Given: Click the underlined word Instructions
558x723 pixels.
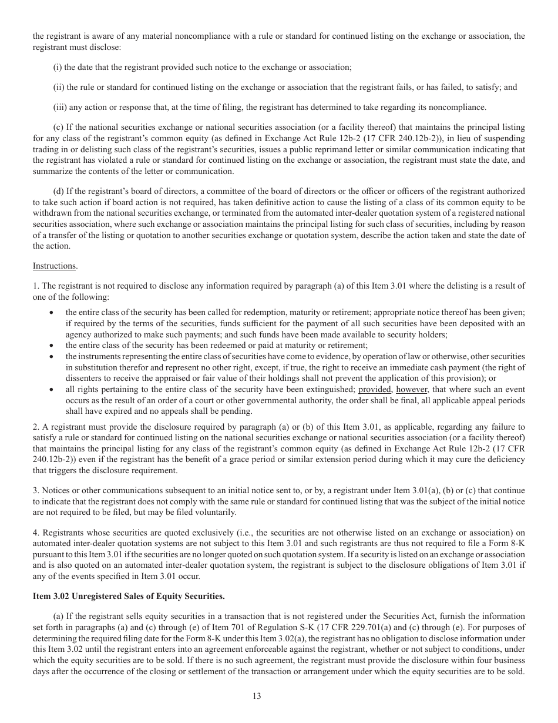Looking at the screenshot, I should pos(55,266).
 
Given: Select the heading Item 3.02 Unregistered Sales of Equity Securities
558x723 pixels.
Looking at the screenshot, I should pos(129,596).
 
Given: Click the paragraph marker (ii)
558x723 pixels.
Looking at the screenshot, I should pos(58,87).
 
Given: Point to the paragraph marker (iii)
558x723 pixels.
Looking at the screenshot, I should pos(59,107).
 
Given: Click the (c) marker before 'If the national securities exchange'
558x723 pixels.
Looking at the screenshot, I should pos(58,127).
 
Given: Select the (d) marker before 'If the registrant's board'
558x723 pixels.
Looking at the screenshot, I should pos(58,192).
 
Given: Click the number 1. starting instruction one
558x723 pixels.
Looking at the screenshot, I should pos(36,286).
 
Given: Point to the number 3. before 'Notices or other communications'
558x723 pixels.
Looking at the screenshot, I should pos(36,490).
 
